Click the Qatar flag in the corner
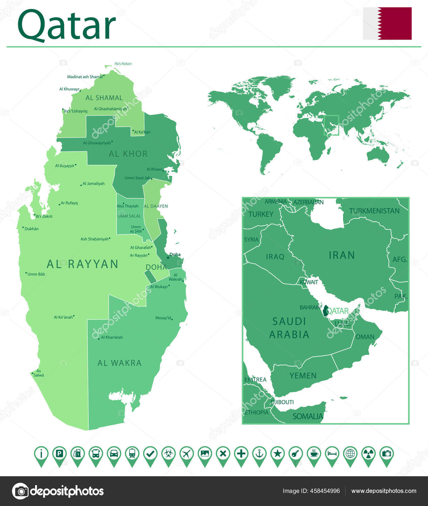click(x=387, y=24)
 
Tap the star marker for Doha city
click(x=168, y=257)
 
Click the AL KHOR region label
click(x=128, y=154)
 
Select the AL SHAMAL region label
click(x=104, y=98)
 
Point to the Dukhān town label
click(x=32, y=229)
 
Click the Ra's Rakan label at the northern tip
click(x=123, y=64)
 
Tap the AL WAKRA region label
click(x=119, y=363)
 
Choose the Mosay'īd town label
click(x=163, y=318)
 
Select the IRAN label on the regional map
click(x=342, y=255)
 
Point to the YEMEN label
click(x=303, y=376)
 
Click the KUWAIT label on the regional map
click(x=309, y=282)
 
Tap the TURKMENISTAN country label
click(x=374, y=211)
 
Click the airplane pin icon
click(x=186, y=454)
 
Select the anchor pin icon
click(x=259, y=454)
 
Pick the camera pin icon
click(x=387, y=454)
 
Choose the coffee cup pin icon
click(x=314, y=454)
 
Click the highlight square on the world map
click(x=331, y=125)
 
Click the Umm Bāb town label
click(x=36, y=274)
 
